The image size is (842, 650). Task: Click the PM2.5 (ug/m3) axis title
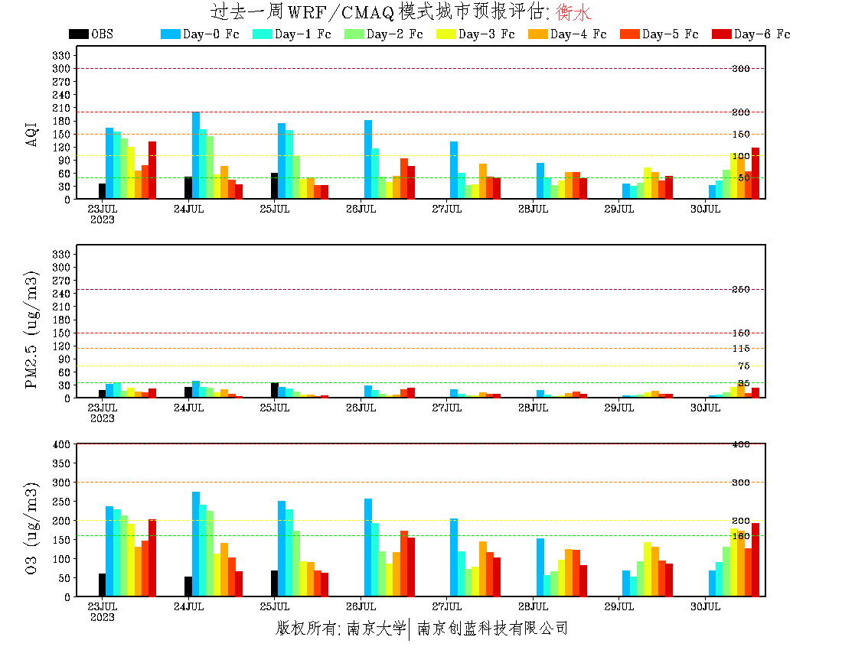31,330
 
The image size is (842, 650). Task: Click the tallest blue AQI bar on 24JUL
196,155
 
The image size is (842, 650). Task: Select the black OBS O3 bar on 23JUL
102,585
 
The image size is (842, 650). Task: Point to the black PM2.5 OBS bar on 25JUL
275,390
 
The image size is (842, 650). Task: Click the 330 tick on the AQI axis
62,56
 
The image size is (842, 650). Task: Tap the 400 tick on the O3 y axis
62,444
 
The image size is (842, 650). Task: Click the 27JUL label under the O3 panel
447,606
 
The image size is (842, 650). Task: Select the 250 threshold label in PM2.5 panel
741,289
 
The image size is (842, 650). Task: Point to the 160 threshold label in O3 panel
741,536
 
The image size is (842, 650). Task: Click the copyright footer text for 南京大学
376,629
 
